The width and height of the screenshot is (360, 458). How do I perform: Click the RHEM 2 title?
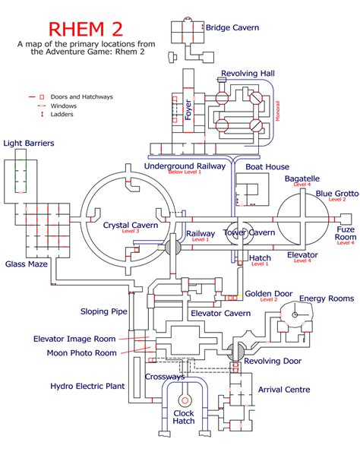(x=84, y=28)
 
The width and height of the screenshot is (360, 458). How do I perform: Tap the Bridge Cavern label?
(x=232, y=28)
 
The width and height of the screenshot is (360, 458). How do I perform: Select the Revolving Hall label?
(x=248, y=74)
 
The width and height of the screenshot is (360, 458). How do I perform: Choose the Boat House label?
(x=267, y=166)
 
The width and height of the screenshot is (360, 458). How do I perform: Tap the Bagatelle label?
(x=302, y=178)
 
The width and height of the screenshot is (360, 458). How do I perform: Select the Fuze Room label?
(x=346, y=233)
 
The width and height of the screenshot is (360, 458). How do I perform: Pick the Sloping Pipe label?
(x=105, y=311)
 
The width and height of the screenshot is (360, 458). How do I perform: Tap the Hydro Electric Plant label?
(x=87, y=387)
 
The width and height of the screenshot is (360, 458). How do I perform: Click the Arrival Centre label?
(x=285, y=390)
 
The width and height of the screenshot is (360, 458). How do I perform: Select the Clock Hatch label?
(x=183, y=415)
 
